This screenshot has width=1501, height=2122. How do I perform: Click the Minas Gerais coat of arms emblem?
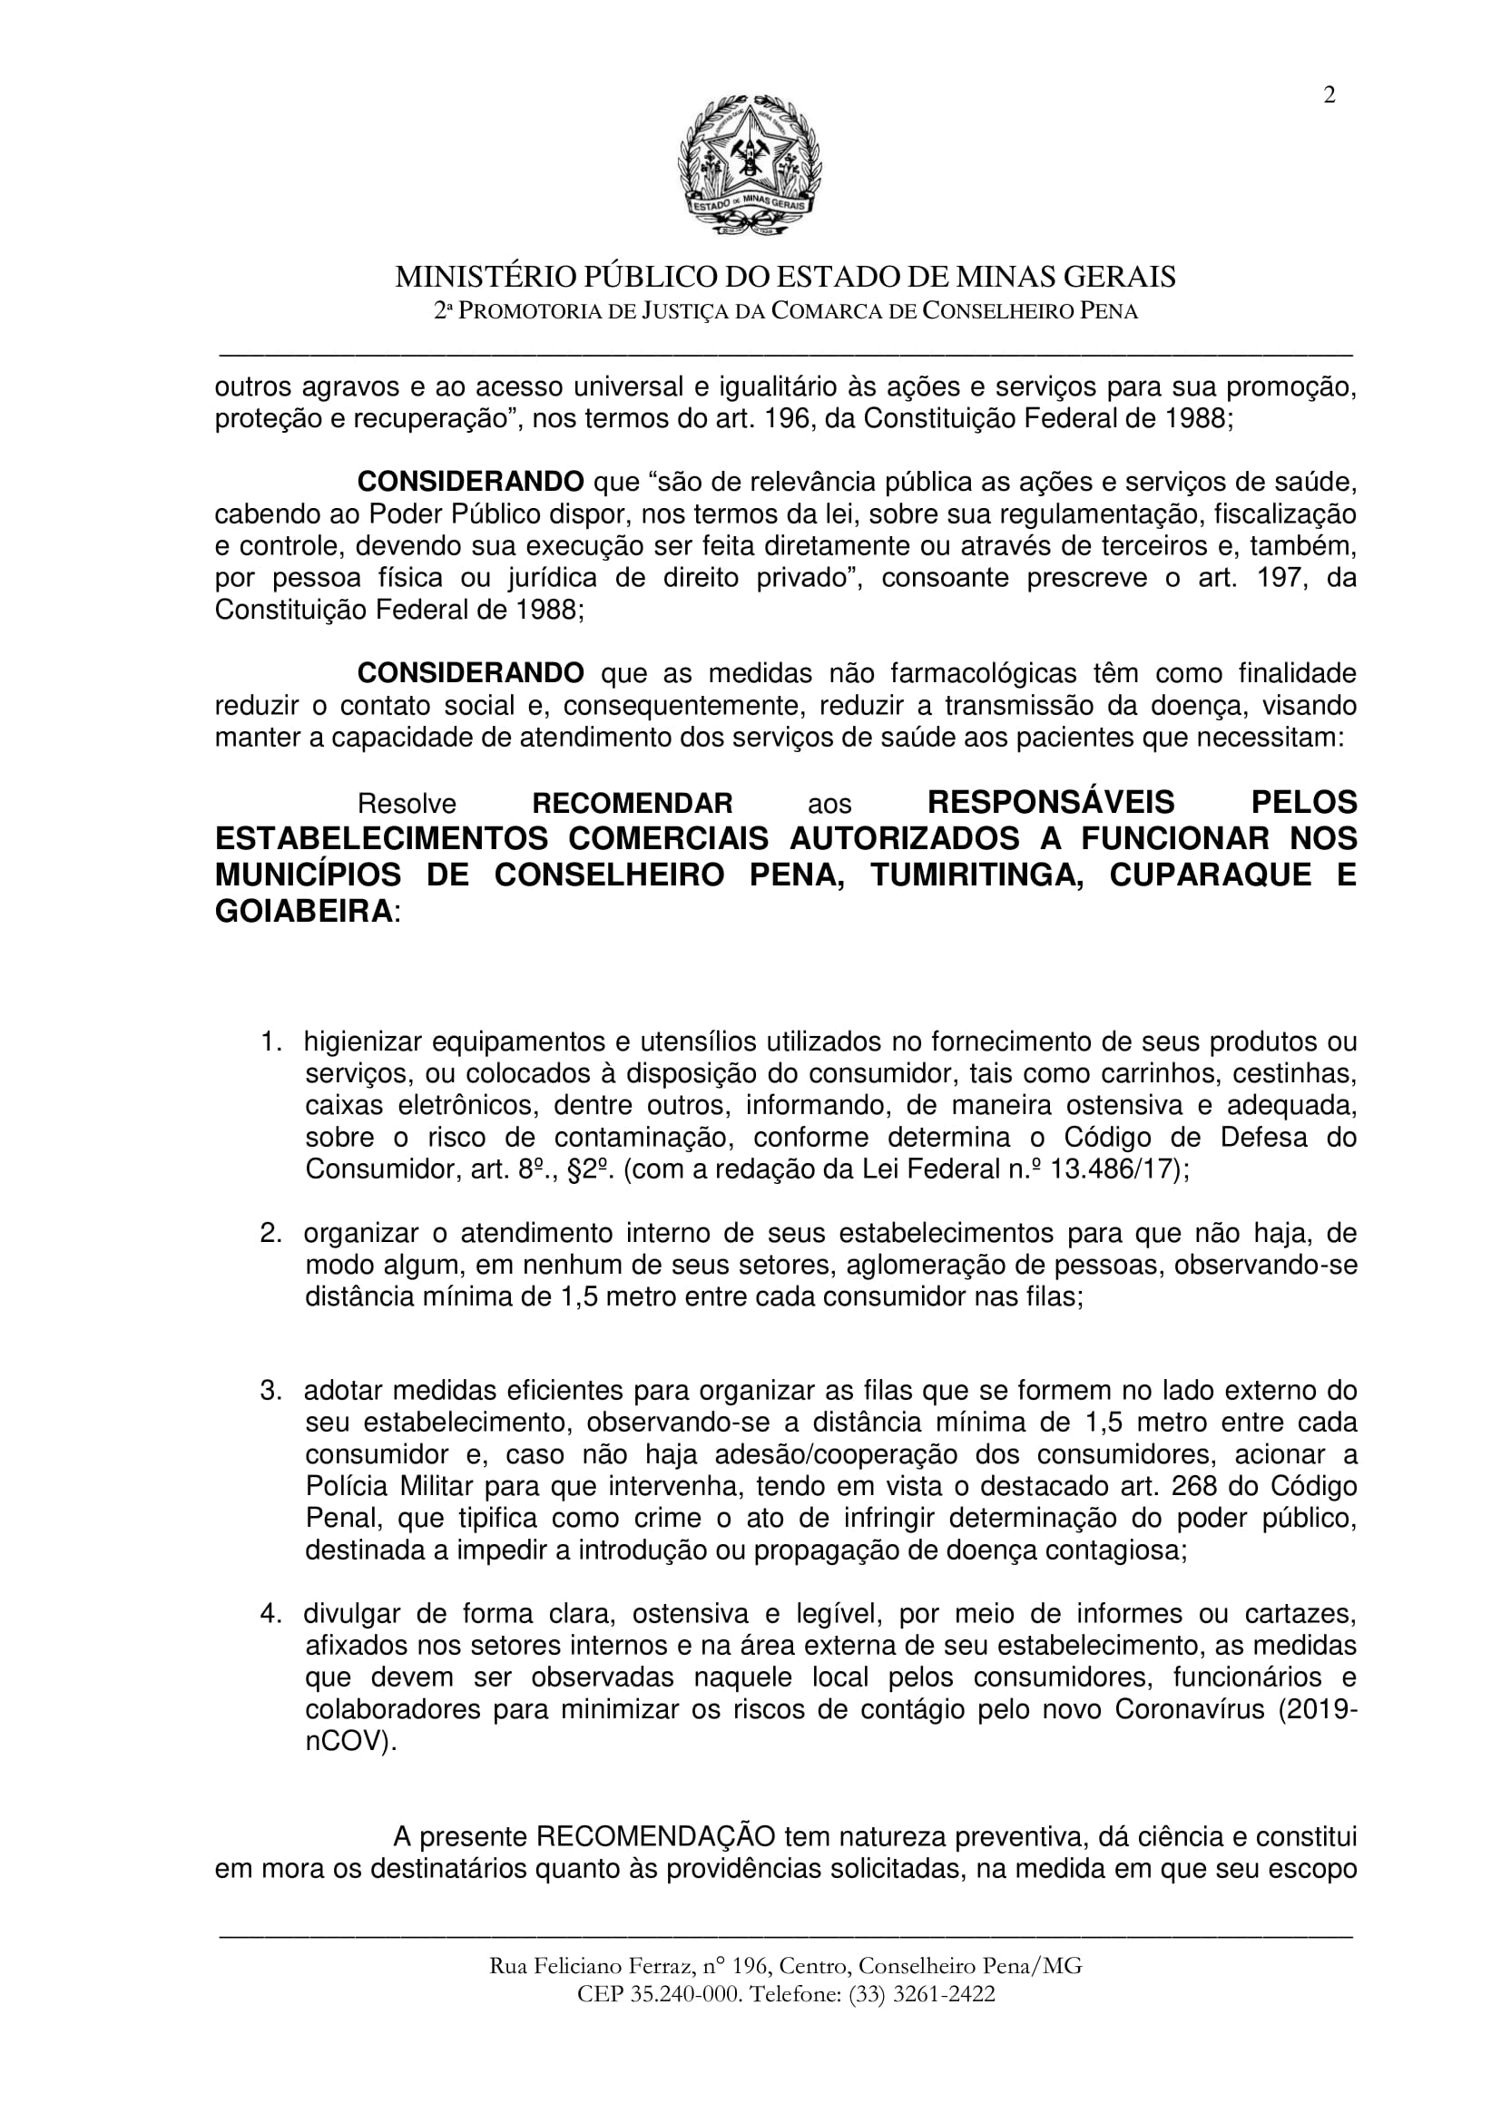(750, 166)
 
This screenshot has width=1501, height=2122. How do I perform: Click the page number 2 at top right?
(1329, 96)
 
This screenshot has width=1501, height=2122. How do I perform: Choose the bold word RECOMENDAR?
(633, 802)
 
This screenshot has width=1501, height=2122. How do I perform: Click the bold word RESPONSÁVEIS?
(1051, 801)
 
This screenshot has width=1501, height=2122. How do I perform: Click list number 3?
(269, 1391)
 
